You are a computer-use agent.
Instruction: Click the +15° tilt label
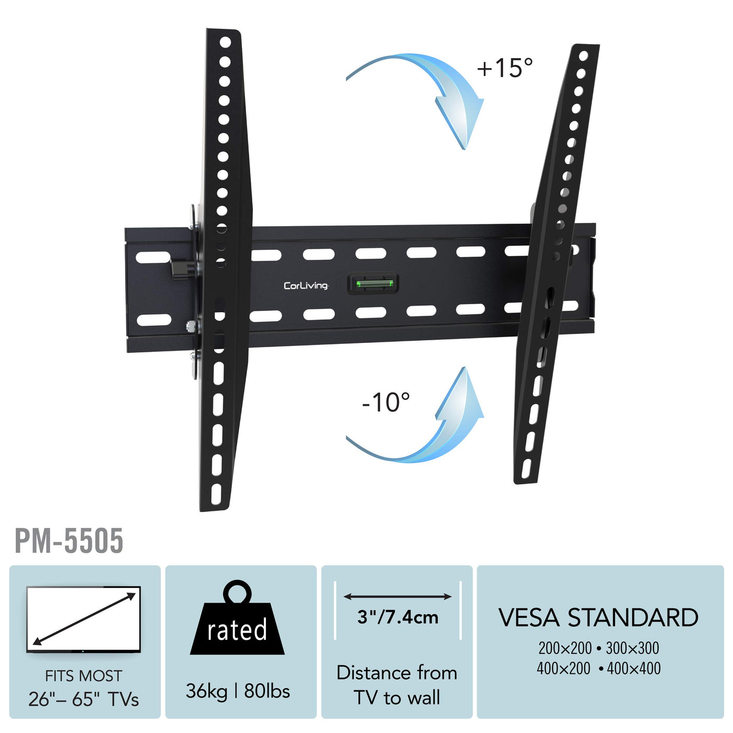[505, 68]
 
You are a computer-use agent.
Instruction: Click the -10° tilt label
[386, 402]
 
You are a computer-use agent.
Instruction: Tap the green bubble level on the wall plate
[374, 284]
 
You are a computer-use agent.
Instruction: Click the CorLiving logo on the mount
[306, 285]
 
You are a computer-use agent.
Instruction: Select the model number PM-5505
[69, 541]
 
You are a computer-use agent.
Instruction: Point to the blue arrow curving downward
[429, 89]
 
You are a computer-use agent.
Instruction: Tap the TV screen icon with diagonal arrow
[84, 619]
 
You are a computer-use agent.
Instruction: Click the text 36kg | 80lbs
[238, 691]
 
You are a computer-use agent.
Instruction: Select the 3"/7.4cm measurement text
[398, 617]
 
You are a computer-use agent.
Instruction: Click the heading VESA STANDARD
[598, 618]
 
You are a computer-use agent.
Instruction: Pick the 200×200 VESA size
[565, 648]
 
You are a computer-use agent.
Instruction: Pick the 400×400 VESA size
[634, 669]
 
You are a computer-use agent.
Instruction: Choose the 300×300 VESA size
[632, 648]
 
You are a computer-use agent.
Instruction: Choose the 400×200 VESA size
[563, 669]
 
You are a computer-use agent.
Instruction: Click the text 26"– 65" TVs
[84, 699]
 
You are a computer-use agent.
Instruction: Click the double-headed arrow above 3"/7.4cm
[397, 596]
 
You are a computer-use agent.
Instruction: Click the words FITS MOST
[84, 676]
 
